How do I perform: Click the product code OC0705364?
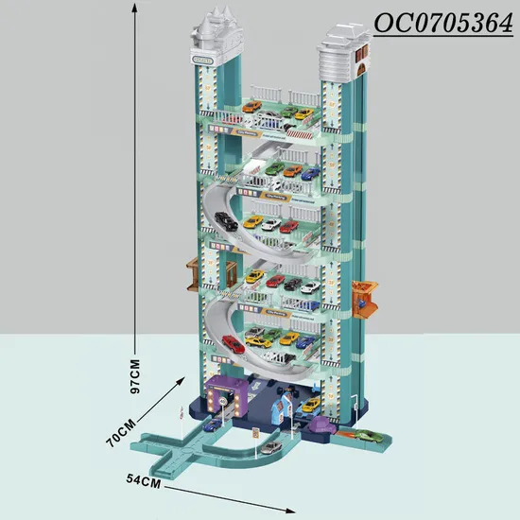(x=443, y=24)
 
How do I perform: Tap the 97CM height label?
(x=135, y=376)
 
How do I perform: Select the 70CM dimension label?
(x=121, y=432)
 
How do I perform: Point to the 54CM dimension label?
(x=144, y=481)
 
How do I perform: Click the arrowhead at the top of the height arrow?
(x=134, y=8)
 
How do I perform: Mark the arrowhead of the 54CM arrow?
(x=290, y=511)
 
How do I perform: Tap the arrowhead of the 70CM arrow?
(x=181, y=380)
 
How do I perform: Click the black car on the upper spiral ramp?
(x=226, y=221)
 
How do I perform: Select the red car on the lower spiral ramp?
(x=234, y=344)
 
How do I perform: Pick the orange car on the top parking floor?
(x=252, y=107)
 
